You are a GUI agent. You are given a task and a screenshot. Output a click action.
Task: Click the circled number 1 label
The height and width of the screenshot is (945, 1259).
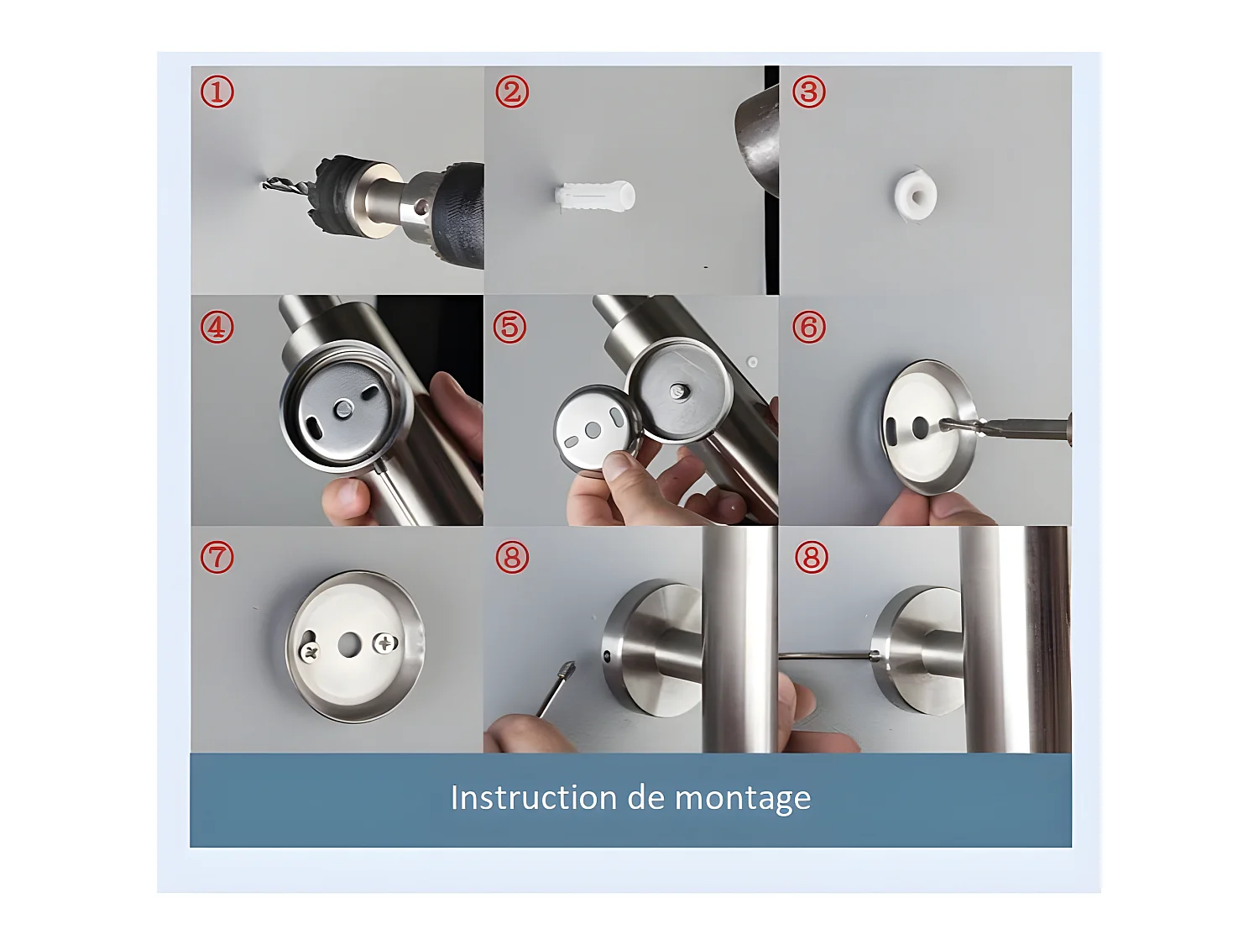pyautogui.click(x=217, y=92)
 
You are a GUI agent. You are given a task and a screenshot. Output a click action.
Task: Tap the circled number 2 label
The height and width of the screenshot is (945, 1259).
pyautogui.click(x=512, y=92)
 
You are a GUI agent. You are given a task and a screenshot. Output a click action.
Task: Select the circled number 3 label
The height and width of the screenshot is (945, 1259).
pyautogui.click(x=809, y=92)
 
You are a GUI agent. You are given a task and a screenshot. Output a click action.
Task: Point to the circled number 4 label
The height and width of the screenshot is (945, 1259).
pyautogui.click(x=217, y=328)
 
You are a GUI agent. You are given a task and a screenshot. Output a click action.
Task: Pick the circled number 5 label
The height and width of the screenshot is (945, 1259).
pyautogui.click(x=510, y=327)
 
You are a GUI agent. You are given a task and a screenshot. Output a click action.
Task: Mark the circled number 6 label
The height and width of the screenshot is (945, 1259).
pyautogui.click(x=809, y=328)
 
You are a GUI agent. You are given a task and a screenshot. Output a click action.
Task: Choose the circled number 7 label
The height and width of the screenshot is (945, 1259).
pyautogui.click(x=217, y=557)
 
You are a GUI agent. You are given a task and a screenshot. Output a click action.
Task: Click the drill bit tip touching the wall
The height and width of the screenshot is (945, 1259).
pyautogui.click(x=264, y=184)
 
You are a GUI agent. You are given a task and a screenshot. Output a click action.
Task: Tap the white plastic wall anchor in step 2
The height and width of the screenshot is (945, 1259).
pyautogui.click(x=595, y=196)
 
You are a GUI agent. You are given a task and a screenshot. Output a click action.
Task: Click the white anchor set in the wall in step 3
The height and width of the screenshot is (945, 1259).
pyautogui.click(x=916, y=195)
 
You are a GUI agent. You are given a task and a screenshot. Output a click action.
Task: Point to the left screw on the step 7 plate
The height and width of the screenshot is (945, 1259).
pyautogui.click(x=311, y=652)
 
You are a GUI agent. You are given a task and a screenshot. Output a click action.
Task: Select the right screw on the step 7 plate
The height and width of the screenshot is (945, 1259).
pyautogui.click(x=385, y=643)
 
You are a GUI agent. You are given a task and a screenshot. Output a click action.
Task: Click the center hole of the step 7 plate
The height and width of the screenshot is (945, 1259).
pyautogui.click(x=348, y=645)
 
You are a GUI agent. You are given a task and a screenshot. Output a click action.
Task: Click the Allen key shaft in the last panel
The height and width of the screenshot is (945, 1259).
pyautogui.click(x=826, y=656)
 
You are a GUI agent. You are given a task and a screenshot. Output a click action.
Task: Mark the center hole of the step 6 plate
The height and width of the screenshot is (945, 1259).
pyautogui.click(x=920, y=426)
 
